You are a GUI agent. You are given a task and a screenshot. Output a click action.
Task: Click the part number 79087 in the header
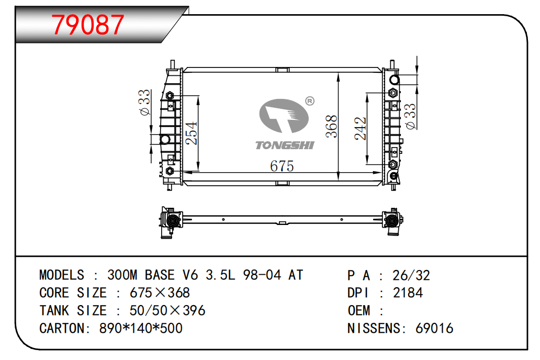pos(89,25)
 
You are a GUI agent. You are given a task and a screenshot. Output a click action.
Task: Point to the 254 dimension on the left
pos(192,134)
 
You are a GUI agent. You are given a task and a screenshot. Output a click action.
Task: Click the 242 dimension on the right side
pos(361,128)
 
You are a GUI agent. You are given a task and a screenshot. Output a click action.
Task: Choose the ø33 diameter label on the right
pos(411,116)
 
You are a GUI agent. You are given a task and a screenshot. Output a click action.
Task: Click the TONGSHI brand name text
pos(284,145)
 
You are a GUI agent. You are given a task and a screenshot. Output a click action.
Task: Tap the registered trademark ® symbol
pos(309,101)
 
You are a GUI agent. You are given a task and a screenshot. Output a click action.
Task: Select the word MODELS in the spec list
pos(62,275)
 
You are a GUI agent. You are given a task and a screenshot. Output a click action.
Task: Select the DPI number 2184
pos(408,293)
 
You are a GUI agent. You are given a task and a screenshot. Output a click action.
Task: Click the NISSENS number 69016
pos(434,329)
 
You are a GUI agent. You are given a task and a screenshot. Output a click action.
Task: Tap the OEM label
pos(359,311)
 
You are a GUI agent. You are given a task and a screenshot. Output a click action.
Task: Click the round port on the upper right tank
pos(395,80)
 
